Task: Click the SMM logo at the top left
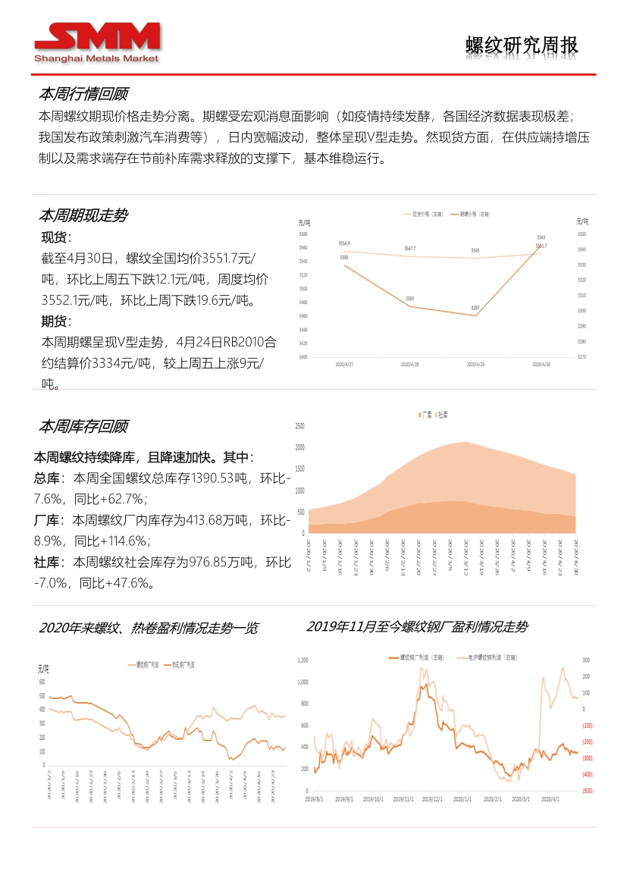coord(97,42)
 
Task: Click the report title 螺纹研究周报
coord(522,45)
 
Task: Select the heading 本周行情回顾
coord(83,94)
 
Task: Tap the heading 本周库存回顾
coord(83,425)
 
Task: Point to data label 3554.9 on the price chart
coord(344,243)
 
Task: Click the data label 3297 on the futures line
coord(475,308)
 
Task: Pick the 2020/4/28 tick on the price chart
coord(409,364)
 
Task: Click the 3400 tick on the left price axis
coord(303,356)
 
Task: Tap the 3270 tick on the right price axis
coord(582,356)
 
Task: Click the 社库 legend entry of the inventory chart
coord(440,415)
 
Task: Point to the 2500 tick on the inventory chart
coord(299,425)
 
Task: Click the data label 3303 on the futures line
coord(409,299)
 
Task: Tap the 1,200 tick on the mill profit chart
coord(303,660)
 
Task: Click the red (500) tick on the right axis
coord(587,791)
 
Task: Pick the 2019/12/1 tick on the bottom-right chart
coord(431,799)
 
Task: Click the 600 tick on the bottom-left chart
coord(42,682)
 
